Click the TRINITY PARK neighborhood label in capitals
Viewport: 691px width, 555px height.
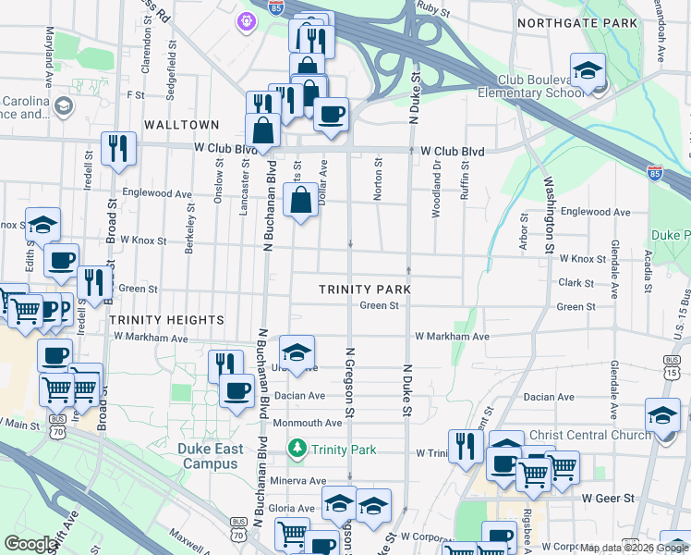click(x=364, y=290)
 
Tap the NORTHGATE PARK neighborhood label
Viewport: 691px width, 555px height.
click(x=577, y=22)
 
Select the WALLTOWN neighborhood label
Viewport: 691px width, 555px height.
click(x=181, y=125)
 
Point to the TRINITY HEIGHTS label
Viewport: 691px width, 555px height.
click(x=167, y=319)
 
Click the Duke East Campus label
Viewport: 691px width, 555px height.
click(x=210, y=457)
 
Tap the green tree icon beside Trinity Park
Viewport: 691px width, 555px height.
click(x=297, y=450)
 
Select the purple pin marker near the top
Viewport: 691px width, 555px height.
click(x=247, y=20)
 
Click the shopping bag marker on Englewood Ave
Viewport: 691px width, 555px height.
click(x=301, y=199)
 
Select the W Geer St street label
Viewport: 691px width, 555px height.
click(x=609, y=498)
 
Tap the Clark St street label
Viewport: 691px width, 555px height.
click(x=576, y=283)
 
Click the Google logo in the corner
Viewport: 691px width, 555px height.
click(x=30, y=544)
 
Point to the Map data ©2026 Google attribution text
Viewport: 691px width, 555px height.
click(x=634, y=548)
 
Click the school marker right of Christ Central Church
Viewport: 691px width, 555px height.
click(x=662, y=417)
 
